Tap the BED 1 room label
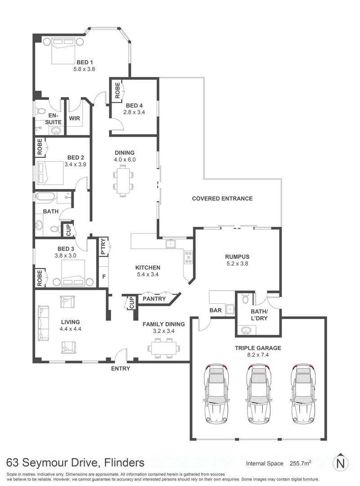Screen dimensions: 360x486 tap(85, 62)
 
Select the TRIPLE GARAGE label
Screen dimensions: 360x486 tap(258, 348)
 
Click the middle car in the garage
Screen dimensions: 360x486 tap(258, 394)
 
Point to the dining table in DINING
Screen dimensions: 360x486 tap(123, 180)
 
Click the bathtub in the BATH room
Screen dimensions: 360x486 tap(45, 196)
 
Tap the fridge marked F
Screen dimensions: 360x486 tap(104, 276)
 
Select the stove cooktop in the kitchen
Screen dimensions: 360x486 tap(189, 257)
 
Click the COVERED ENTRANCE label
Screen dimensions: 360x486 tap(222, 198)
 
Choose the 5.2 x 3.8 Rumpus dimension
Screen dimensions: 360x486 tap(237, 263)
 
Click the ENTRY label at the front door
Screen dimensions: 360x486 tap(121, 369)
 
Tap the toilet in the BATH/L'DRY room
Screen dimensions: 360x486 tap(245, 298)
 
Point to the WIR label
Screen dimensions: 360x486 tap(74, 118)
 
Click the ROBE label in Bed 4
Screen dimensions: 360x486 tap(117, 90)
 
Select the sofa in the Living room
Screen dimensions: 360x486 tap(43, 323)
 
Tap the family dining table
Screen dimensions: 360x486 tap(164, 348)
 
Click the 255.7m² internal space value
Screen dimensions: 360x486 tap(301, 463)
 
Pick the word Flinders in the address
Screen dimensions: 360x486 tap(124, 463)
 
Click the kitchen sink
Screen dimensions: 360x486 tap(171, 243)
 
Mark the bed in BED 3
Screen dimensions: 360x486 tap(73, 273)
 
